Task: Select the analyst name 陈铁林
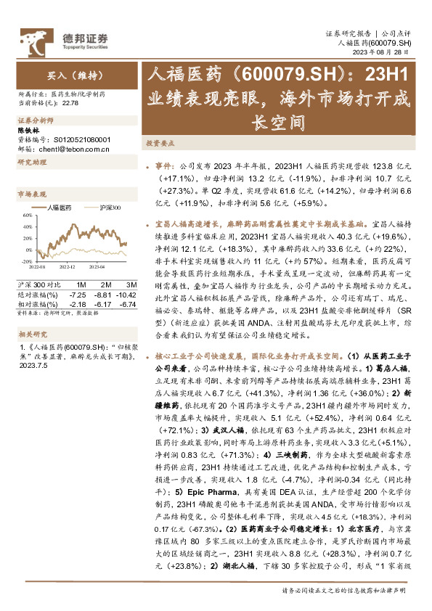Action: click(x=28, y=131)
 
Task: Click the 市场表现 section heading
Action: click(x=31, y=194)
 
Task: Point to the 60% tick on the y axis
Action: click(x=27, y=216)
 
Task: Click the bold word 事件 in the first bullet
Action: click(x=165, y=165)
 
